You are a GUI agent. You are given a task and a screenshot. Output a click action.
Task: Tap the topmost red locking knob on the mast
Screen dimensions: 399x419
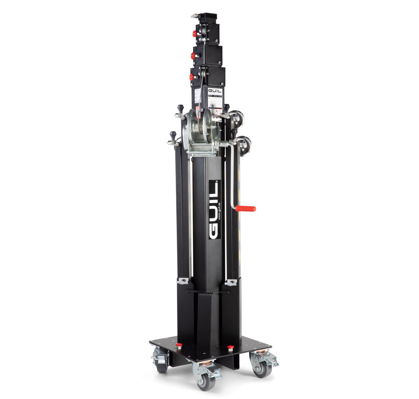(x=194, y=34)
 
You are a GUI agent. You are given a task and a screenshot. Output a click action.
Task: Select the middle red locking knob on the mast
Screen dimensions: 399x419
(x=193, y=56)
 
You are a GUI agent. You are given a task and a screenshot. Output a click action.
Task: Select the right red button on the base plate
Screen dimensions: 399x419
(x=230, y=347)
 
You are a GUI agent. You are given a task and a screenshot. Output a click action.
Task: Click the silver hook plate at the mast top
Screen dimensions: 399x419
(x=195, y=16)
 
